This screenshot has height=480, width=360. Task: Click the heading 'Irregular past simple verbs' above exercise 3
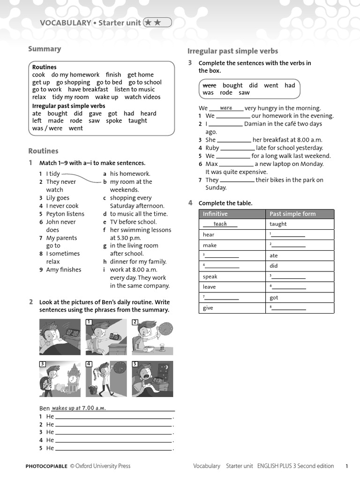click(x=232, y=51)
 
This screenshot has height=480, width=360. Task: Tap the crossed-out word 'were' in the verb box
click(x=209, y=85)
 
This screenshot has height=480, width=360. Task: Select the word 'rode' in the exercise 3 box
click(x=226, y=93)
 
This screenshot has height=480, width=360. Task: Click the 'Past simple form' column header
click(x=292, y=214)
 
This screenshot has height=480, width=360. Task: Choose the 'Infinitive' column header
click(x=215, y=214)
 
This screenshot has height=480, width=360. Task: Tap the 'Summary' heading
click(x=45, y=49)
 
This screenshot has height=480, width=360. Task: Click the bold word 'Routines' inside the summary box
click(x=44, y=67)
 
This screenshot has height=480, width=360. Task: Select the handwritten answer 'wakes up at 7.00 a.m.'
click(x=78, y=408)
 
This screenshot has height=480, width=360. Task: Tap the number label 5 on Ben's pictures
click(x=135, y=364)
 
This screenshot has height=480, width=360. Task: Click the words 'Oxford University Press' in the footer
click(x=103, y=466)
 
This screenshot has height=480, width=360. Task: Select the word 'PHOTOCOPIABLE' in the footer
click(x=46, y=466)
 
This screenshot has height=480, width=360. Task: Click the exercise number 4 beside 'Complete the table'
click(x=190, y=203)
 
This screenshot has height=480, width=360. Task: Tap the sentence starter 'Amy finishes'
click(x=64, y=270)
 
